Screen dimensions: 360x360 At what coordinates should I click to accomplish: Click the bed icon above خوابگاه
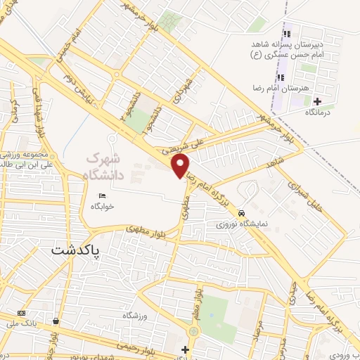coord(103,196)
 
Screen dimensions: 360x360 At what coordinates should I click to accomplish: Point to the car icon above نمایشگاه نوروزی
coord(241,213)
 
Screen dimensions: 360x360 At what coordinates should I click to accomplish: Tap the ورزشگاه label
coord(136,316)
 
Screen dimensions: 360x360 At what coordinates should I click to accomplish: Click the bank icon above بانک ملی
coord(22,313)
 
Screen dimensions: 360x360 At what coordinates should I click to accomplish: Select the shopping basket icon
coord(56,321)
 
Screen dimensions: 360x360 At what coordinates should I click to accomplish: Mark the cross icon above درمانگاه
coord(317,101)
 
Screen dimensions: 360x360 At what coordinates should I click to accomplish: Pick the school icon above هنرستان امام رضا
coord(281,78)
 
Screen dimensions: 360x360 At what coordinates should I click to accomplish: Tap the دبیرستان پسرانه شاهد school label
coord(281,44)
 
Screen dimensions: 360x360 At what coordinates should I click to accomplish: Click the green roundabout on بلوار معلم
coord(193,331)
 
